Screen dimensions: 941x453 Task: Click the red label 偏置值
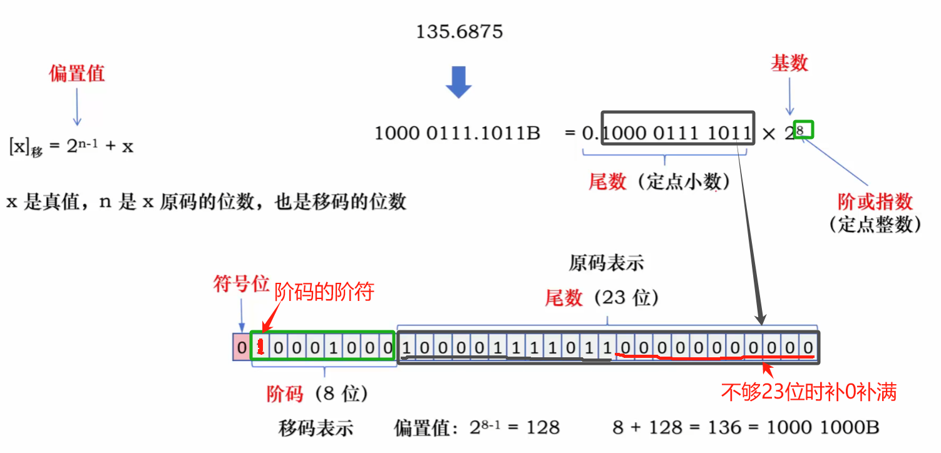coord(77,74)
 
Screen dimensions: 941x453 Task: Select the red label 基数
coord(789,63)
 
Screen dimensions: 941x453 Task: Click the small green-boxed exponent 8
coord(801,130)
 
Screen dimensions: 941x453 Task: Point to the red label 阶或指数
coord(875,201)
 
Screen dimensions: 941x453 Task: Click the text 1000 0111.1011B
coord(457,133)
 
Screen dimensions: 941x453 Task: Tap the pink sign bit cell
coord(241,347)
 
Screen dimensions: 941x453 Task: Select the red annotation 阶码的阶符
coord(324,291)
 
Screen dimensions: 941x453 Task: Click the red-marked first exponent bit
coord(260,347)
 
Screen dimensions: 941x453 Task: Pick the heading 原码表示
coord(606,263)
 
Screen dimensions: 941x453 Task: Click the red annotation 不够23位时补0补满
coord(809,392)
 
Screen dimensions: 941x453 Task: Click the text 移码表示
coord(316,428)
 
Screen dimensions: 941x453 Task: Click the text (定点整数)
coord(875,224)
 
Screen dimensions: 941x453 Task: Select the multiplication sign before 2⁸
coord(768,134)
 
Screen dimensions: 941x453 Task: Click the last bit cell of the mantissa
coord(808,347)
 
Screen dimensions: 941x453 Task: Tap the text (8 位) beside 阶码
coord(341,394)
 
